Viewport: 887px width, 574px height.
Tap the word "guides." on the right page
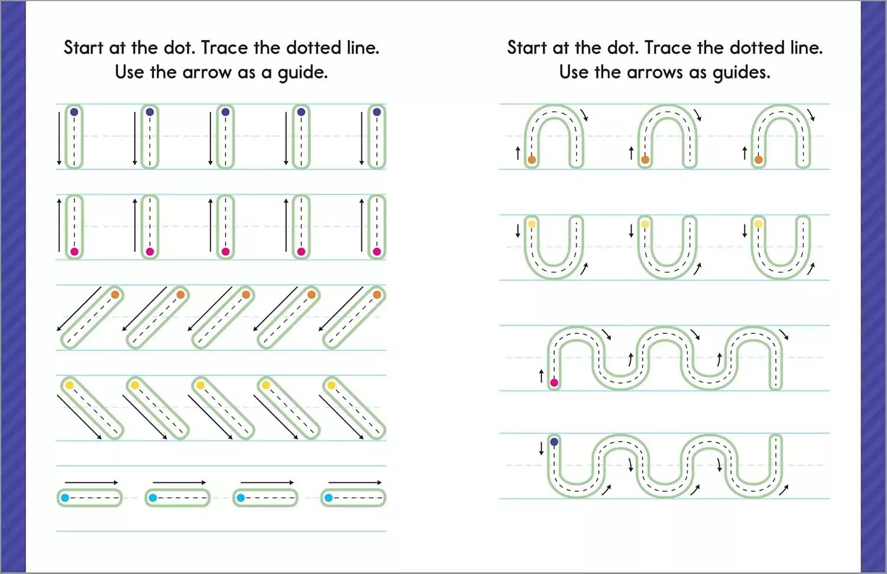coord(742,73)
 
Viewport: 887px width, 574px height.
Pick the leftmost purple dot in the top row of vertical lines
coord(74,112)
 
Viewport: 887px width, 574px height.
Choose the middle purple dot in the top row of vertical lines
coord(225,112)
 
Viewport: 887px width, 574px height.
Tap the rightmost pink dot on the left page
coord(377,251)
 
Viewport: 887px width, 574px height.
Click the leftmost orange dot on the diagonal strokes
coord(115,295)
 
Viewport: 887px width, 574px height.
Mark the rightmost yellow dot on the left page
coord(331,385)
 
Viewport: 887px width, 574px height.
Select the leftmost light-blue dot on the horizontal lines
coord(65,498)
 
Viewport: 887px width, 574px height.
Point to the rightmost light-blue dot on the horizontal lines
coord(328,498)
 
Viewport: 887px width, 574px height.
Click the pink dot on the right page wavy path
coord(554,383)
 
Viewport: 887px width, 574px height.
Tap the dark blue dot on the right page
coord(554,441)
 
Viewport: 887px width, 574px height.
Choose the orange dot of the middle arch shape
coord(645,160)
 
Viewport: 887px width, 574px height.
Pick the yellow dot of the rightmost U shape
coord(758,225)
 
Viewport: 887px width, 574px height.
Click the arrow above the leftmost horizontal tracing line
coord(92,482)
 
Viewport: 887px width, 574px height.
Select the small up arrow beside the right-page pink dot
coord(541,376)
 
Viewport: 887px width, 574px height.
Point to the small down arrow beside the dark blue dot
coord(541,449)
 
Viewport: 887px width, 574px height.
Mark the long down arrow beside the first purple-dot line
coord(59,138)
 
